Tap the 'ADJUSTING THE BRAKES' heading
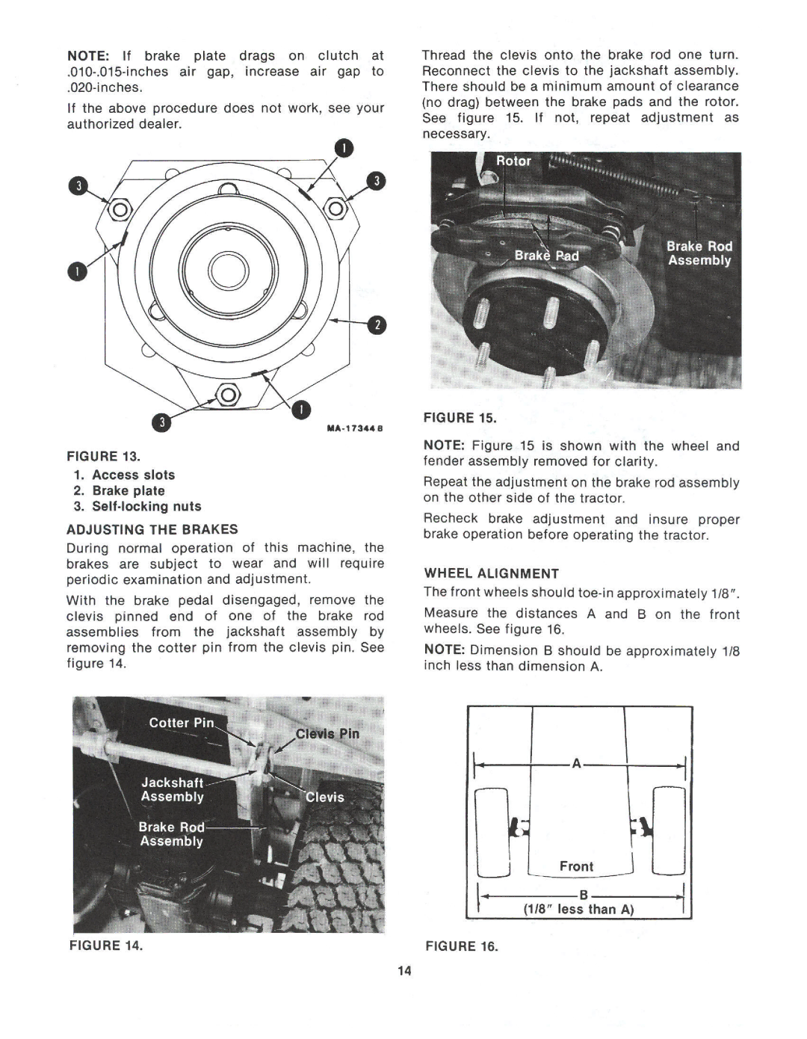click(x=152, y=529)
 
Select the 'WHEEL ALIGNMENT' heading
click(x=492, y=573)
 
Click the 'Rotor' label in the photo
click(x=514, y=161)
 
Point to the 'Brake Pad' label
click(x=546, y=256)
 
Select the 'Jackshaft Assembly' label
click(x=173, y=789)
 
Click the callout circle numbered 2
click(x=377, y=324)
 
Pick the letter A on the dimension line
click(x=576, y=763)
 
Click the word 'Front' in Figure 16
click(x=576, y=866)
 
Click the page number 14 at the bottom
click(x=405, y=971)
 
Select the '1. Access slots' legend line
click(x=124, y=475)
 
